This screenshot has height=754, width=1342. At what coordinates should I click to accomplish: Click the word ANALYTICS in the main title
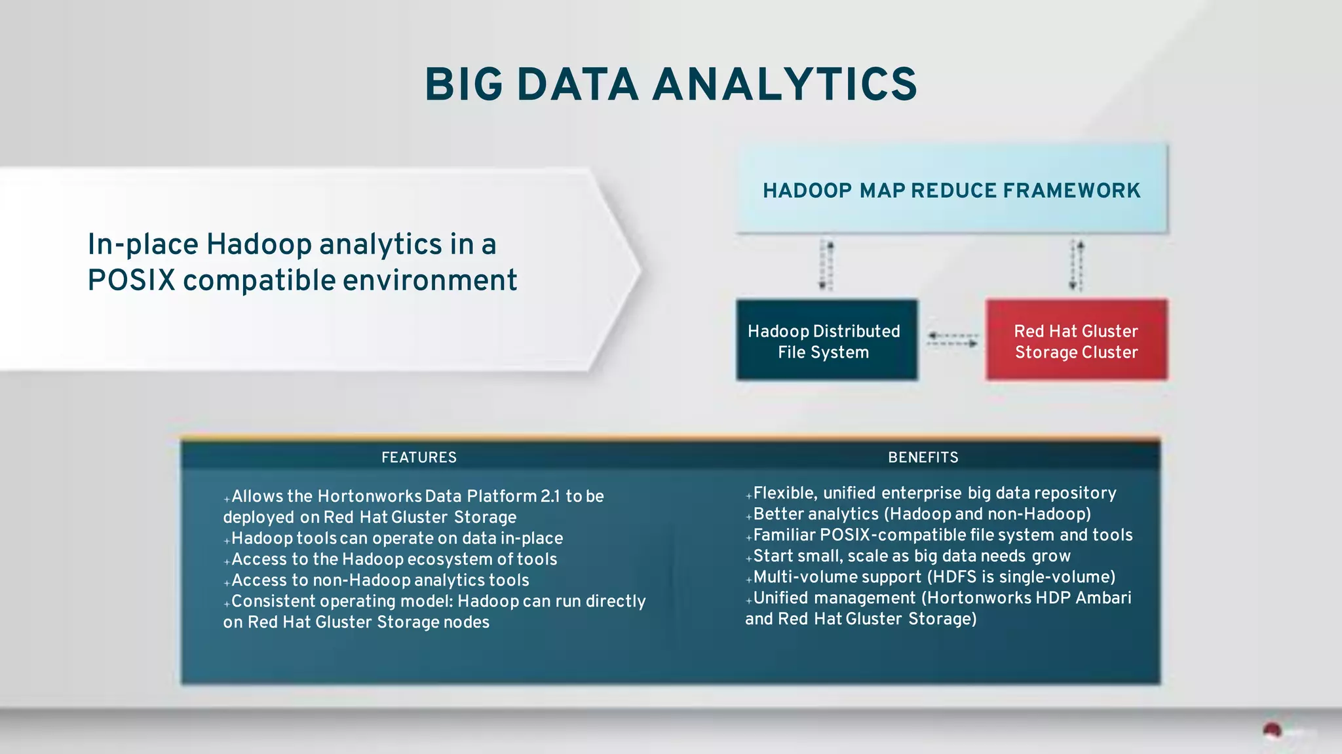click(784, 85)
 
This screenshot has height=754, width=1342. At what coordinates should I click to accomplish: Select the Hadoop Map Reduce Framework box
click(951, 190)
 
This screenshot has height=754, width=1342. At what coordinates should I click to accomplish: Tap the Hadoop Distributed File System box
click(826, 341)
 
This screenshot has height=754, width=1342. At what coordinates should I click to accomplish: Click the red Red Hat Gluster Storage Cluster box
click(1076, 341)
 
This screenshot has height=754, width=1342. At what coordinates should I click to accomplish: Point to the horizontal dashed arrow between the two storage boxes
click(952, 339)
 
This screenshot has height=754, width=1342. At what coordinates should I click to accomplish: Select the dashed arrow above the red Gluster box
click(1077, 265)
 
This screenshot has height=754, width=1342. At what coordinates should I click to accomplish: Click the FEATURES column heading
click(419, 457)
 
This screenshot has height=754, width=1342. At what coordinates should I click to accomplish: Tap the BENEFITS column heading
click(923, 457)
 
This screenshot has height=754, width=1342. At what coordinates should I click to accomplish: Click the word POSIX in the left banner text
click(131, 281)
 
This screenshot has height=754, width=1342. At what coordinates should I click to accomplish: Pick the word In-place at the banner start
click(143, 244)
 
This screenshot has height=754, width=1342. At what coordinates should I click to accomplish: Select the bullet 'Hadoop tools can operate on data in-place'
click(396, 538)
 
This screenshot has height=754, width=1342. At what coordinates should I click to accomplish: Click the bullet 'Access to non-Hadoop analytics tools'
click(380, 580)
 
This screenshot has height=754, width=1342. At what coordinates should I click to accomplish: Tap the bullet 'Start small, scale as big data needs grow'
click(911, 556)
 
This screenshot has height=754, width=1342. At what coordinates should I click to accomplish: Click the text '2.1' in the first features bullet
click(550, 497)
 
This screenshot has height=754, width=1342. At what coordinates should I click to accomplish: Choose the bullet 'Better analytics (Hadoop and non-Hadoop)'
click(921, 514)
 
